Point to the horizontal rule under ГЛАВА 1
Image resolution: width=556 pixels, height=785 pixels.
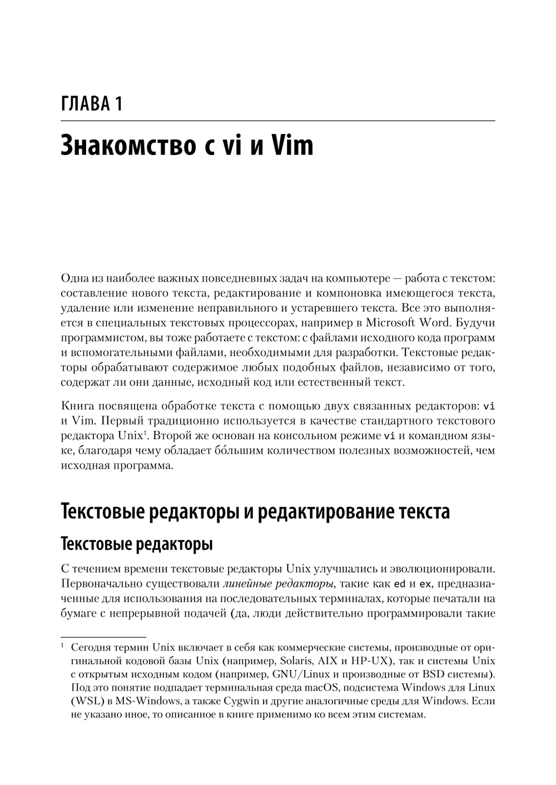point(277,120)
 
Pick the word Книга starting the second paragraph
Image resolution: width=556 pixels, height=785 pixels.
point(75,405)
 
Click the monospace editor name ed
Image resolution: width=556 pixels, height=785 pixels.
point(399,584)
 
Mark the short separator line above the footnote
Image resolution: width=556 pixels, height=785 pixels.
point(103,637)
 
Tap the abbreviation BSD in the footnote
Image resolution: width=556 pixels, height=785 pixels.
point(440,674)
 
